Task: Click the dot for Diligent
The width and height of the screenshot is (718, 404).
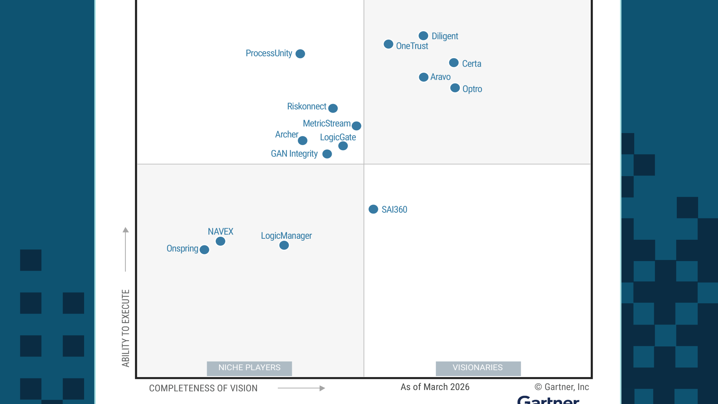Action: click(423, 36)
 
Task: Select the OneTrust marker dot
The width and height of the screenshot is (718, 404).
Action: click(388, 44)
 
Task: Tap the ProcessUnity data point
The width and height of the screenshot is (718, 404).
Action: click(300, 54)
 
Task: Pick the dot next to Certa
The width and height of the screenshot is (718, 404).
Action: click(454, 63)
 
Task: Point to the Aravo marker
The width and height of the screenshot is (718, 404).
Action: click(423, 77)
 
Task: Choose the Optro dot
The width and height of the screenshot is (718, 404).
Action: click(455, 88)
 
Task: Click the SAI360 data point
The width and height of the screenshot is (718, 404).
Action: click(373, 209)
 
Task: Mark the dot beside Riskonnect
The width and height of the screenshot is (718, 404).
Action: click(333, 108)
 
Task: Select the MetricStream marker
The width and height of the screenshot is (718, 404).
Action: click(356, 126)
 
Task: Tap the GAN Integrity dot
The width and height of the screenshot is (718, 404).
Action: click(327, 154)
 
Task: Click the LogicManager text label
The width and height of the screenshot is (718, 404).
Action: click(286, 236)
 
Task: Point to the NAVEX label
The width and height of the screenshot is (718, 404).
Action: click(220, 231)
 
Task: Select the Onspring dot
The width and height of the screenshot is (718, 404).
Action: click(204, 250)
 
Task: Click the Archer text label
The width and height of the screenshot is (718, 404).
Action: click(287, 134)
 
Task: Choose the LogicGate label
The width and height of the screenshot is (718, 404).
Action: click(338, 137)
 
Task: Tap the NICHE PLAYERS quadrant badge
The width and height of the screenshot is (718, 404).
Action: click(249, 368)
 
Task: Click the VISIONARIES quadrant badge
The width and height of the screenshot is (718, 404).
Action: click(478, 368)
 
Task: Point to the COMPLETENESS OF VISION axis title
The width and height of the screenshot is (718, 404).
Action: click(203, 388)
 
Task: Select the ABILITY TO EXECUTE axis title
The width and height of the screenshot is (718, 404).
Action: click(126, 328)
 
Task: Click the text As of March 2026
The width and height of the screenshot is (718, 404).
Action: click(435, 387)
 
